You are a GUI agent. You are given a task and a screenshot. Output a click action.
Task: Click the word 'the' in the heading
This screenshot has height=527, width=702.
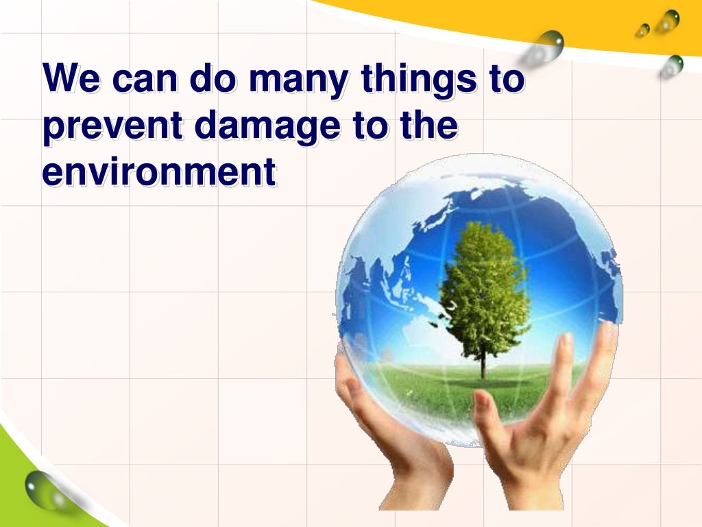pos(429,129)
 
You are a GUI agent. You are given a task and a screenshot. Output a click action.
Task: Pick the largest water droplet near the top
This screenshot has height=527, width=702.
pos(548,45)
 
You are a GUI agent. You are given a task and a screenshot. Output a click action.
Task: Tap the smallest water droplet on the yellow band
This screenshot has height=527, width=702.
pos(642,30)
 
